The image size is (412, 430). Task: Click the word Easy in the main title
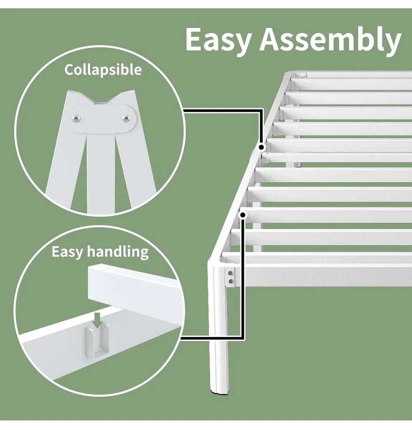219,40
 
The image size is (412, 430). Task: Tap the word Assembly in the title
330,40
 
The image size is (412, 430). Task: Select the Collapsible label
103,70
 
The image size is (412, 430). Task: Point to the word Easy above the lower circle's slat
67,252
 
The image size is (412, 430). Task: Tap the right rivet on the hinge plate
126,118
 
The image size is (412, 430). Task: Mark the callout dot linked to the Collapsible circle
262,147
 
